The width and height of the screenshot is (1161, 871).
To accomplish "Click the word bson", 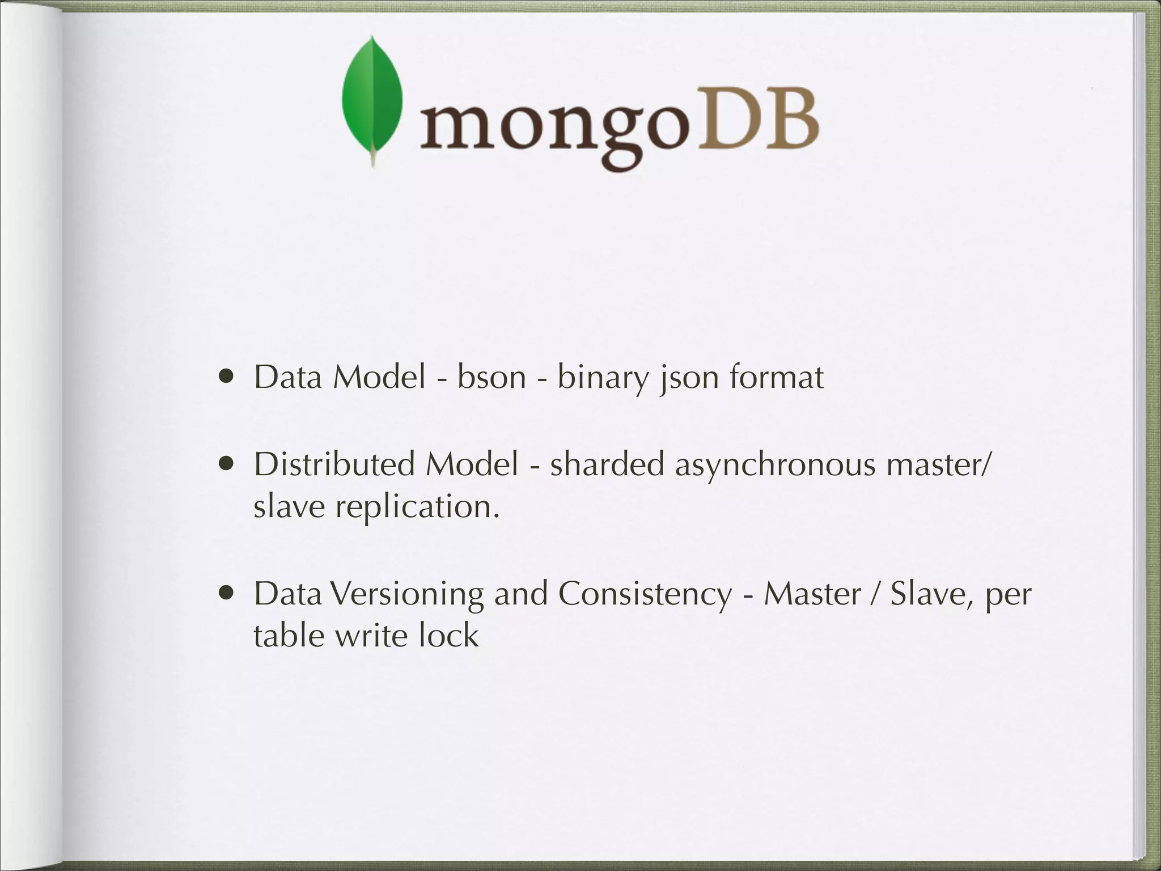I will point(491,377).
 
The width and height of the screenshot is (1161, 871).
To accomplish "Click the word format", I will point(776,377).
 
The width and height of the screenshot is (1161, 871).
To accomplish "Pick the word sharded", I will point(607,464).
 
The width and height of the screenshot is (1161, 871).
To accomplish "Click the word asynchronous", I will point(775,465).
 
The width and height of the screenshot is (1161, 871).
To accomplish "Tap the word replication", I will point(417,506).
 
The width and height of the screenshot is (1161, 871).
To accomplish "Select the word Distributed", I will point(334,464).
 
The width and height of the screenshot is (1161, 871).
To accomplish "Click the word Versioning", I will point(406,594).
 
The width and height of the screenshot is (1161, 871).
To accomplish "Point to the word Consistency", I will point(645,594).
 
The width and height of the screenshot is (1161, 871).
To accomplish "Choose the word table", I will point(288,635).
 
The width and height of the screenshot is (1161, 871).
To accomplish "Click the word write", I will point(370,635).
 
